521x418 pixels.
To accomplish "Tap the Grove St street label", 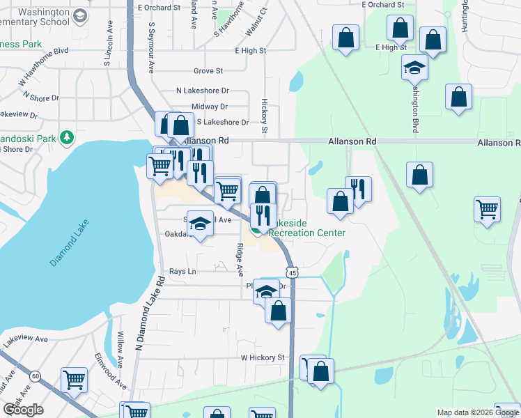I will pyautogui.click(x=208, y=71).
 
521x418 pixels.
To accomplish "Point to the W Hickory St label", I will pyautogui.click(x=263, y=357).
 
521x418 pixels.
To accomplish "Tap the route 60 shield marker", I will pyautogui.click(x=35, y=376).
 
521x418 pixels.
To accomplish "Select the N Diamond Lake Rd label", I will pyautogui.click(x=150, y=313).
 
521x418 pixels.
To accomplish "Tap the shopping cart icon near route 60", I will pyautogui.click(x=74, y=380).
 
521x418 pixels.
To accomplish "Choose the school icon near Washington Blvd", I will pyautogui.click(x=415, y=68).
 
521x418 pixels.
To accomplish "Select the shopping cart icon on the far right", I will pyautogui.click(x=487, y=208).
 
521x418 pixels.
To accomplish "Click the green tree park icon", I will pyautogui.click(x=67, y=137).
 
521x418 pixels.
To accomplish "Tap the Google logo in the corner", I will pyautogui.click(x=23, y=410).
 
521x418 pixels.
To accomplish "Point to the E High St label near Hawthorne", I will pyautogui.click(x=251, y=51).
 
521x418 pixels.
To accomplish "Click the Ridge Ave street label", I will pyautogui.click(x=240, y=258).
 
